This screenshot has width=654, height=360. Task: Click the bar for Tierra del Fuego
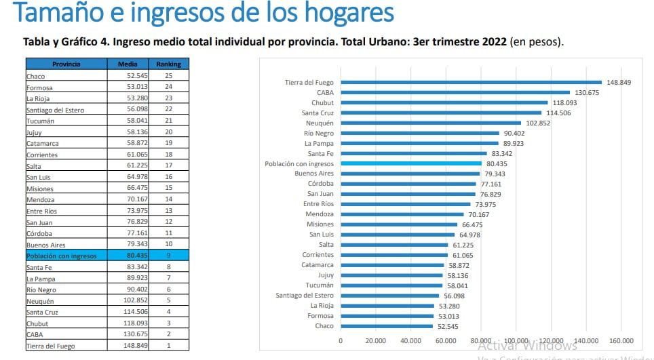pyautogui.click(x=471, y=82)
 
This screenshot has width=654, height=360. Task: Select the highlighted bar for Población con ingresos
pyautogui.click(x=411, y=163)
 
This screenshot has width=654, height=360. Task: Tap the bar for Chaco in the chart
pyautogui.click(x=387, y=326)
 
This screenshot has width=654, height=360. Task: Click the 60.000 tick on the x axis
pyautogui.click(x=446, y=341)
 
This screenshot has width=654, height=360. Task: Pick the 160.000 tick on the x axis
pyautogui.click(x=621, y=341)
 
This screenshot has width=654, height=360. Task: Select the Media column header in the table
pyautogui.click(x=128, y=64)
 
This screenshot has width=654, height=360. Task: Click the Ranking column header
pyautogui.click(x=168, y=64)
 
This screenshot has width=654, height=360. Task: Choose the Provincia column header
pyautogui.click(x=66, y=64)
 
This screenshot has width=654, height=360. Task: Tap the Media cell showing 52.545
pyautogui.click(x=128, y=76)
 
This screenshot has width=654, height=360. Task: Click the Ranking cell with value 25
pyautogui.click(x=168, y=76)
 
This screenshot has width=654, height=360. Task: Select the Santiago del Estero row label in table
pyautogui.click(x=55, y=110)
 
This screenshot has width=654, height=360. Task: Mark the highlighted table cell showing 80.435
pyautogui.click(x=128, y=256)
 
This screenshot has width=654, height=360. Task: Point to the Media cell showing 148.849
pyautogui.click(x=128, y=346)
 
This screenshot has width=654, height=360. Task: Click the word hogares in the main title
pyautogui.click(x=342, y=13)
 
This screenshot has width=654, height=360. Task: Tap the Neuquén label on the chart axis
pyautogui.click(x=319, y=123)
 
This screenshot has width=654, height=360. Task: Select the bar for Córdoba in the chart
pyautogui.click(x=408, y=184)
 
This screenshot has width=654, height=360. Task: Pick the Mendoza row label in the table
pyautogui.click(x=40, y=200)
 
